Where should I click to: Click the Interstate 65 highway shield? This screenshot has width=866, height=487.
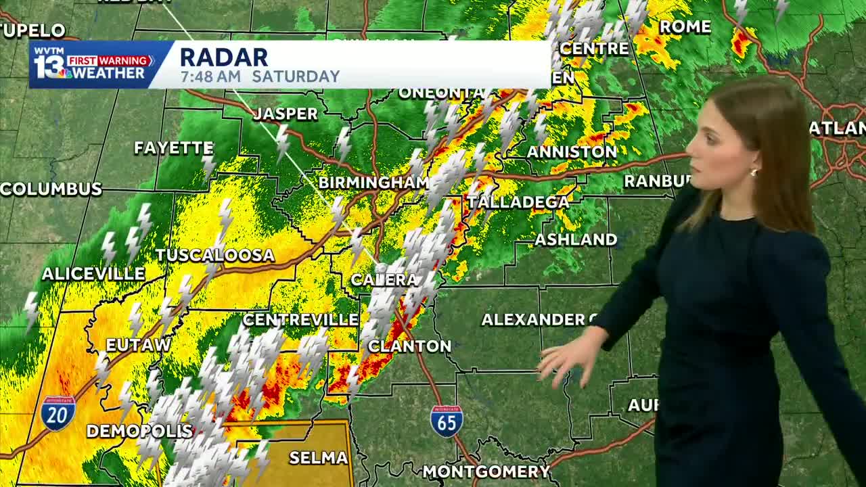pos(447,421)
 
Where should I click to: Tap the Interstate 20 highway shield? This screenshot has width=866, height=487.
pos(58,413)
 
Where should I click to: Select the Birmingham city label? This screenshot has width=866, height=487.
pos(373,183)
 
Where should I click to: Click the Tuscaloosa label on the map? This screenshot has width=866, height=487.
pos(215,255)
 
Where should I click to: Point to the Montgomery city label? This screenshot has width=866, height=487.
pos(486,471)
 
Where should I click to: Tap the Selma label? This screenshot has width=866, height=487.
pos(318,458)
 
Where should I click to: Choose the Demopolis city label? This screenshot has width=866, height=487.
pos(140,431)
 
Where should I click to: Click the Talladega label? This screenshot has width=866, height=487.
pos(518,202)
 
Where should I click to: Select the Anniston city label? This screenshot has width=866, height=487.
pos(572,152)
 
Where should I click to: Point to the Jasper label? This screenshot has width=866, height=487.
pos(286,114)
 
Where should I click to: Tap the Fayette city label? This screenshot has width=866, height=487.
pos(174,147)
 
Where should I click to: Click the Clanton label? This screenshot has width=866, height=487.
pos(409,346)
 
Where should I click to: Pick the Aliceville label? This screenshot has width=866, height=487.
pos(93,274)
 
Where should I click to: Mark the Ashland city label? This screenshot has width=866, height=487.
pos(576,239)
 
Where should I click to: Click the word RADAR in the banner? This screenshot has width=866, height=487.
pos(224,57)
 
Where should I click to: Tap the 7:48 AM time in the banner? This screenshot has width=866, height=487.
pos(210,76)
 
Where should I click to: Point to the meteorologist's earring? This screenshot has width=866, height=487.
pos(753,172)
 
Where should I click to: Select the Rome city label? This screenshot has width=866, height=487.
pos(685,27)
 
